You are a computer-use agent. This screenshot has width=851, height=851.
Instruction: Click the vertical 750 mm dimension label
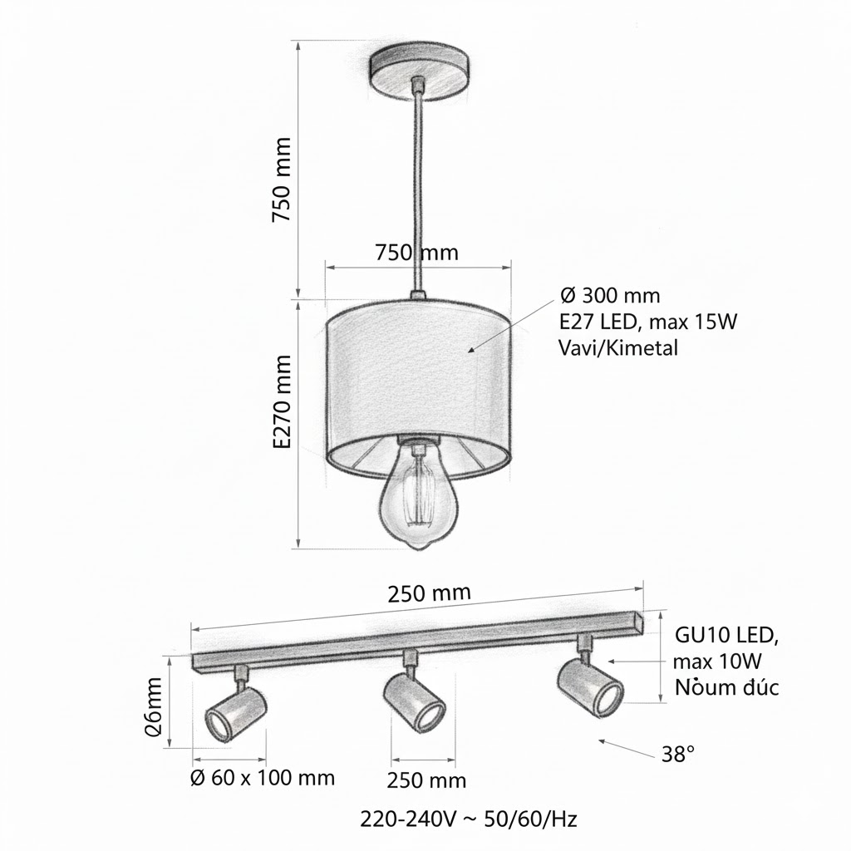coord(283,179)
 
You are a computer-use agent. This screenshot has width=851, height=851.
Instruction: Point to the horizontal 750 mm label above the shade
coord(416,252)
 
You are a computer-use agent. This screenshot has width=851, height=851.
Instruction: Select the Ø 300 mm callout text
coord(610,295)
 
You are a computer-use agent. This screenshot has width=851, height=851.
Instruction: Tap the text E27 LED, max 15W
coord(649,322)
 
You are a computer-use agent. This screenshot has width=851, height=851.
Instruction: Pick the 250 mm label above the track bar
coord(429,594)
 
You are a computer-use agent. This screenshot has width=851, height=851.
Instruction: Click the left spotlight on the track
coord(235,713)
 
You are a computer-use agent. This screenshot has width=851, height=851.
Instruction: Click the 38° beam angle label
coord(678,755)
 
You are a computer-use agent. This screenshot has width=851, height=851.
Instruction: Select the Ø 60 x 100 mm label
coord(262,778)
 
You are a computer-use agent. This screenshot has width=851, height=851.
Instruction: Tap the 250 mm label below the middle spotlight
coord(426,780)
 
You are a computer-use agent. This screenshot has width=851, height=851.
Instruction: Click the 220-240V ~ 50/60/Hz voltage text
coord(469,819)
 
